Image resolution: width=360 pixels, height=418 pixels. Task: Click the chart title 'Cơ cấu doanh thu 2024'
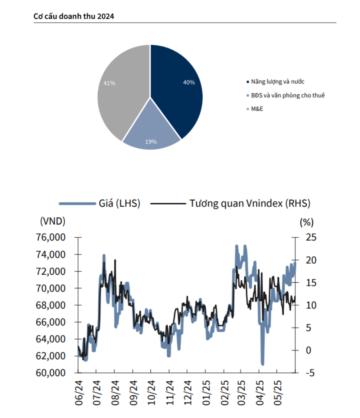74,16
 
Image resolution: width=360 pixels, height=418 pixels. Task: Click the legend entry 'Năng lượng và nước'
277,82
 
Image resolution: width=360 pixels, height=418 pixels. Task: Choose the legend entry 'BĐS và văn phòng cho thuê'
288,95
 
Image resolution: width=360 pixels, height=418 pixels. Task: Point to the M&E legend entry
257,109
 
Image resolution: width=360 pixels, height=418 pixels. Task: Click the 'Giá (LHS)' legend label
119,203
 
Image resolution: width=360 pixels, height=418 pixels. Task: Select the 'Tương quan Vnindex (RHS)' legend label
250,203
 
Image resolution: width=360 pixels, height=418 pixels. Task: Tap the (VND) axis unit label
52,221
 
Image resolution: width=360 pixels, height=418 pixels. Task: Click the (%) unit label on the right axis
306,222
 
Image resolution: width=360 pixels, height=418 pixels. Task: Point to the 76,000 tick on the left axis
51,237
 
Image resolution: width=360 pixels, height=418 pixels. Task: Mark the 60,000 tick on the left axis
51,373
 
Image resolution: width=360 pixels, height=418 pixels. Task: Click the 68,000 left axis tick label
51,305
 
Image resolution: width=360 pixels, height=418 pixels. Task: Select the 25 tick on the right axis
311,237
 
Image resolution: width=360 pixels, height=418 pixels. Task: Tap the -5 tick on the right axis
310,373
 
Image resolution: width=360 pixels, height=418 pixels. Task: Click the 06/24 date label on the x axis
79,393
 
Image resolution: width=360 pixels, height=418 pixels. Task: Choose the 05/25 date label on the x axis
277,393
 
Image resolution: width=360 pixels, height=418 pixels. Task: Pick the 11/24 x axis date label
169,393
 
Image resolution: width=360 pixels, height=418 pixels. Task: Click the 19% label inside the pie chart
151,142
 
